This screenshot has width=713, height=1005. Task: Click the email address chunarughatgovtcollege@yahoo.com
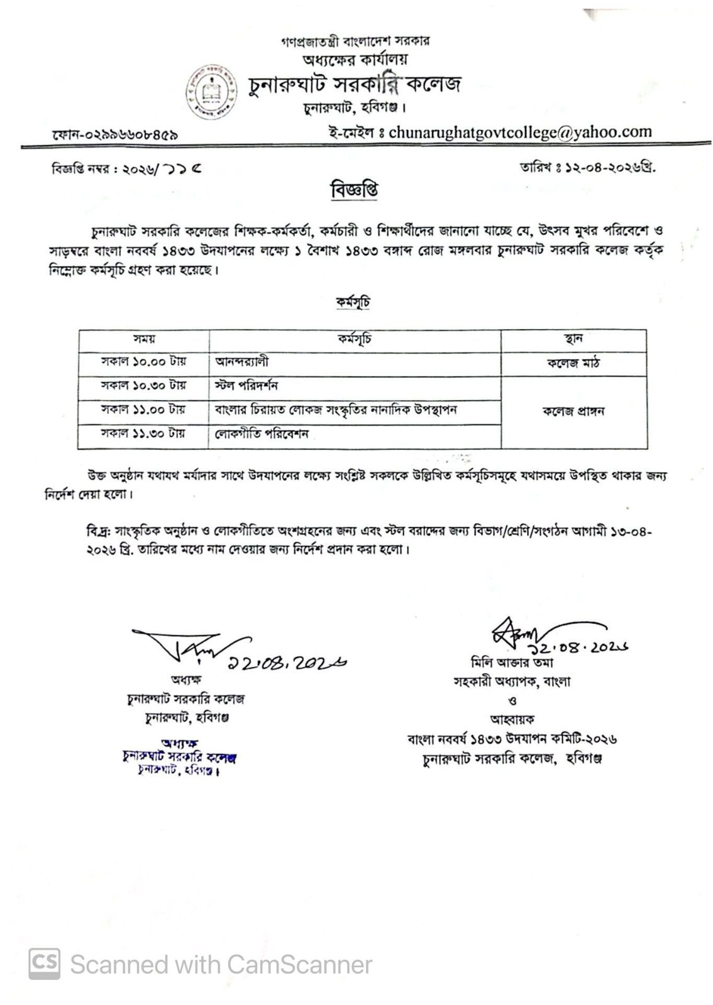[x=520, y=132]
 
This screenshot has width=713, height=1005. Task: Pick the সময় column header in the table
[x=143, y=339]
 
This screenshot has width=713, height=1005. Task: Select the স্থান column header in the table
[x=573, y=339]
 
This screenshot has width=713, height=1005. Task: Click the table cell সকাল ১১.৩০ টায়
[x=143, y=433]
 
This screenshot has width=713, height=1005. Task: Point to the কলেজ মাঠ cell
[x=573, y=363]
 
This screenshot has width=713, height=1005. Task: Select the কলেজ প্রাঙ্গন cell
[x=573, y=412]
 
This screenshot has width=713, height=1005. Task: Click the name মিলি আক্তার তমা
[x=511, y=663]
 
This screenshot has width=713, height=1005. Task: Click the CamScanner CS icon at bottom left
[x=44, y=964]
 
